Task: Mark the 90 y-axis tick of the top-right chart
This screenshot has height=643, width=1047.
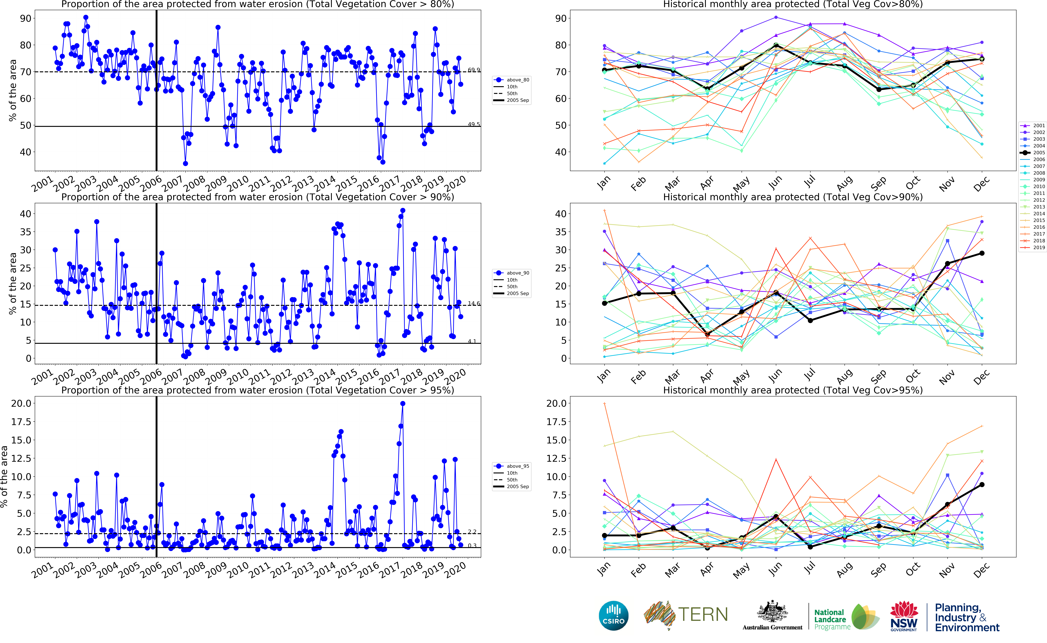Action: tap(560, 18)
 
